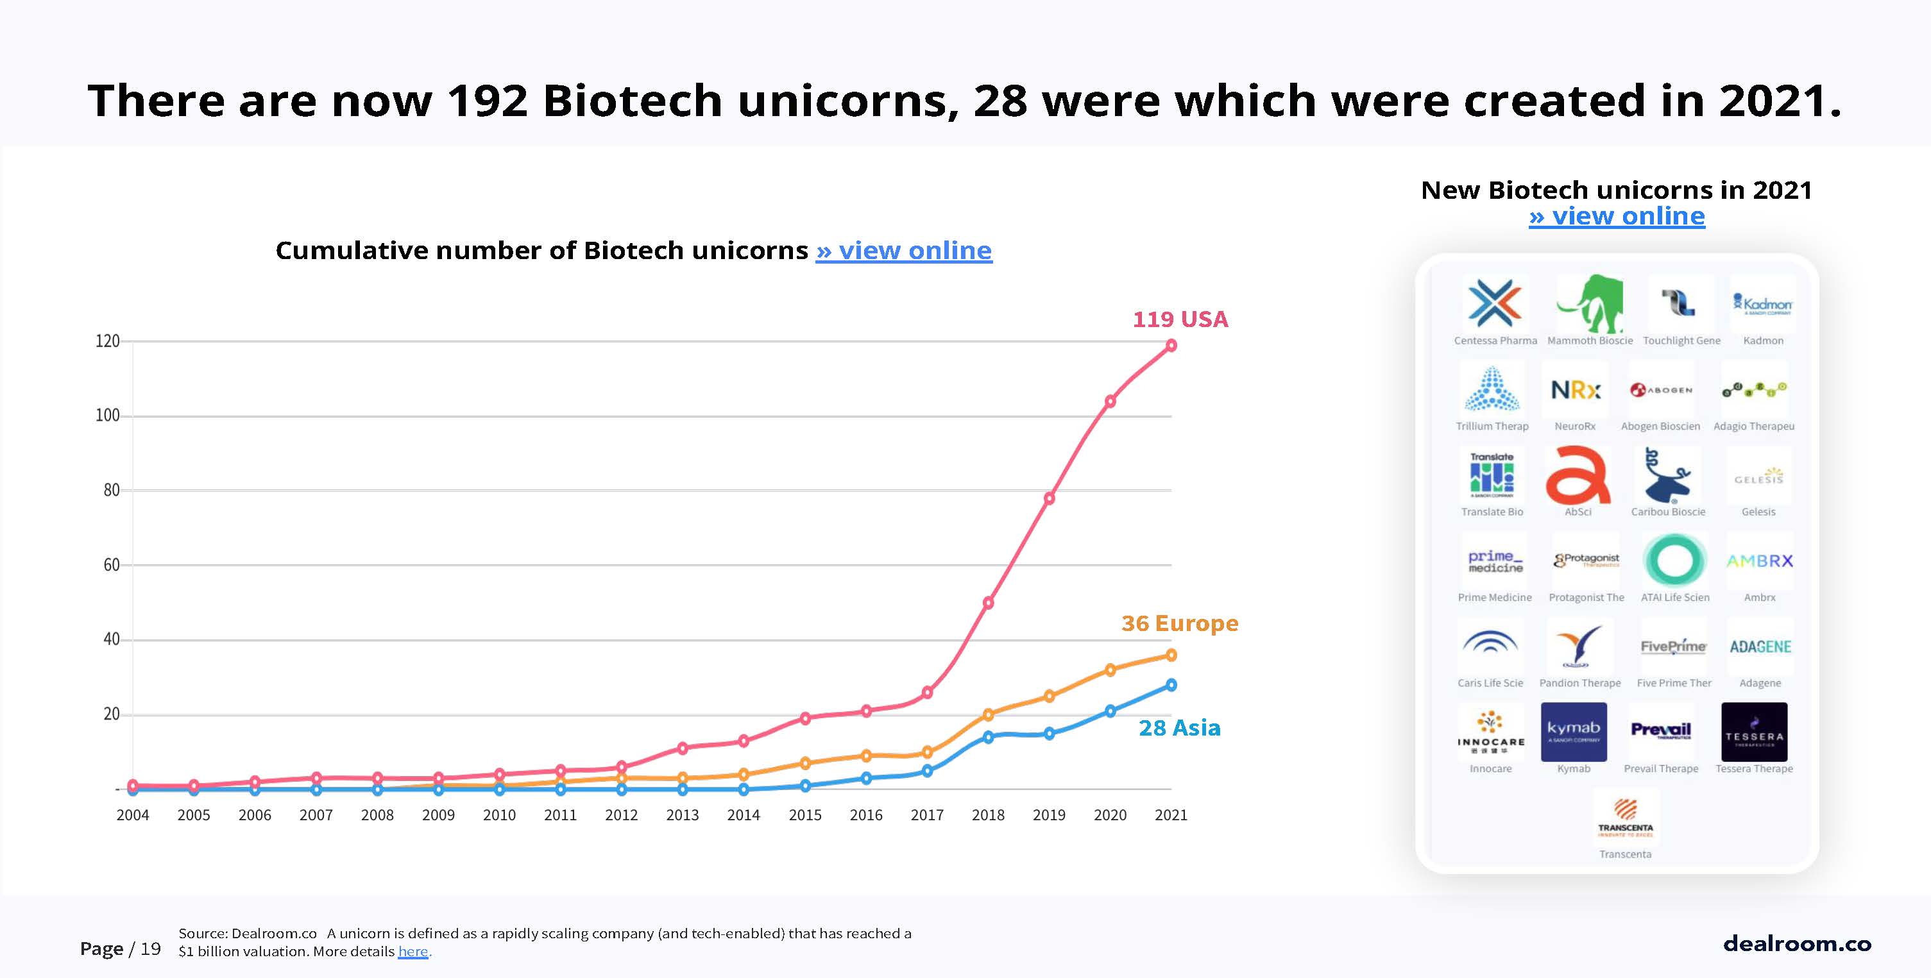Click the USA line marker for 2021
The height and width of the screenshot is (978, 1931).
click(x=1171, y=346)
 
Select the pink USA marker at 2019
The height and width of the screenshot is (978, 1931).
click(x=1050, y=498)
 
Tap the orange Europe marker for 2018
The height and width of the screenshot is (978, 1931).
click(x=988, y=714)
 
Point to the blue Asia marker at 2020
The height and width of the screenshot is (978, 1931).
click(x=1110, y=711)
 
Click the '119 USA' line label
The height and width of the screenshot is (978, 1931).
click(x=1180, y=319)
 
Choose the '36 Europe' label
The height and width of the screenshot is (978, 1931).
click(x=1179, y=623)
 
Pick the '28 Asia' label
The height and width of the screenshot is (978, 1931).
click(x=1179, y=728)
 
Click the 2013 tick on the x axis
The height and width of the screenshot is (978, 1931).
click(x=682, y=815)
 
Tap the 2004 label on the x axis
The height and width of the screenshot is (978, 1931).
click(x=133, y=815)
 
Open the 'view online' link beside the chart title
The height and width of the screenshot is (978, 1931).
click(x=903, y=250)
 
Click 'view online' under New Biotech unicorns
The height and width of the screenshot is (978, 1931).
click(x=1617, y=217)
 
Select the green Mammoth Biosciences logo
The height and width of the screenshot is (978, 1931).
click(x=1590, y=303)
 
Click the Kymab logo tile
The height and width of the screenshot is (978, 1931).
click(x=1574, y=732)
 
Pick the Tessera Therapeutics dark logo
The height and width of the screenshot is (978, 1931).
click(x=1754, y=732)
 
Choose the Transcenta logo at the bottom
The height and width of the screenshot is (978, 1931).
click(x=1625, y=818)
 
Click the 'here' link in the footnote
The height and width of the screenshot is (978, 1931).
click(x=413, y=952)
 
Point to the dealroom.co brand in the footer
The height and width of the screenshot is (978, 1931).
click(x=1797, y=943)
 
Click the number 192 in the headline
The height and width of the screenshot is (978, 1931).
click(x=488, y=101)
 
